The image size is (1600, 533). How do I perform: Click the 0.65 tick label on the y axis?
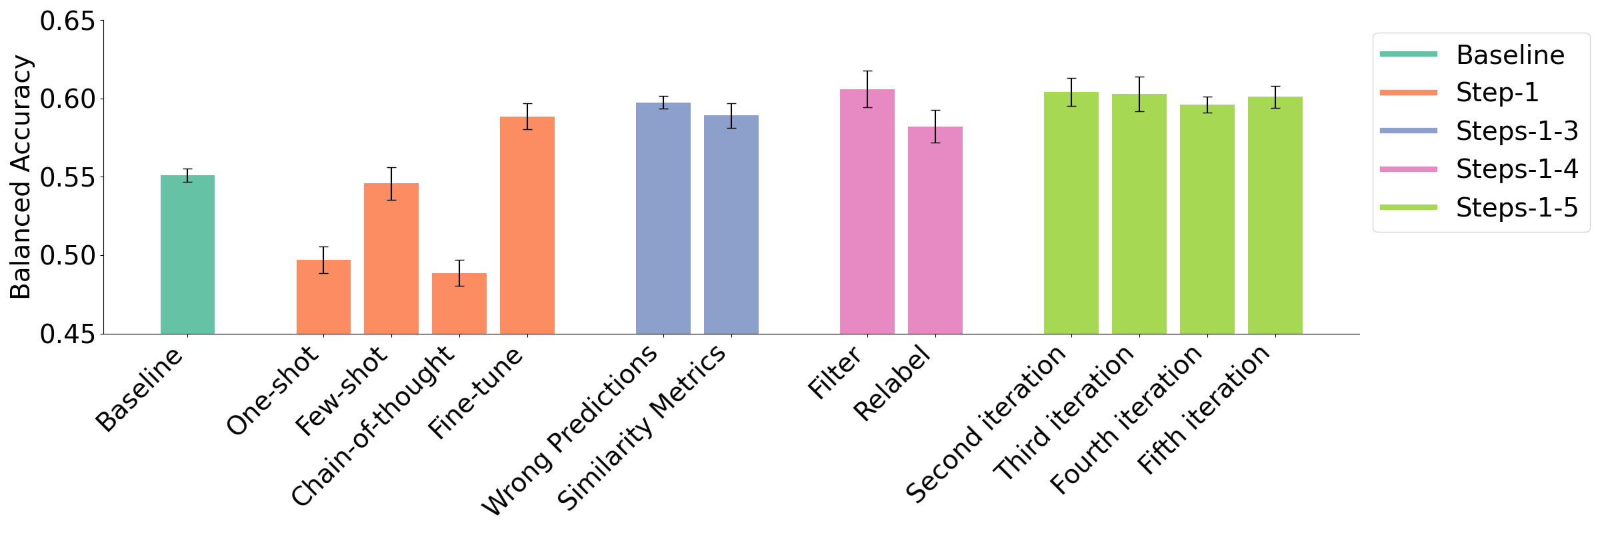pos(67,21)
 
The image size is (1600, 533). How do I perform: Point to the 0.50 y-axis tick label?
pos(67,256)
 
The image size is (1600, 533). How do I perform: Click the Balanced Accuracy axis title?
pos(21,177)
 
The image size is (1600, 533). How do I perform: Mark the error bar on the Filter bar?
pos(867,89)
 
